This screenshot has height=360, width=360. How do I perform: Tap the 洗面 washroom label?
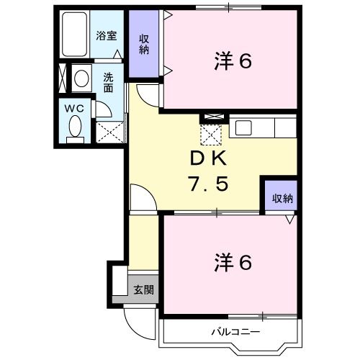click(x=108, y=83)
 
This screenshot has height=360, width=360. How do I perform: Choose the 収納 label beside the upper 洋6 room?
click(x=145, y=47)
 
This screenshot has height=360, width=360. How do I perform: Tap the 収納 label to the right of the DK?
click(x=282, y=199)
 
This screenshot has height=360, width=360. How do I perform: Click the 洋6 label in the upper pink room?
click(x=233, y=62)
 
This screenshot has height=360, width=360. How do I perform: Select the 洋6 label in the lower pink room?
click(x=233, y=263)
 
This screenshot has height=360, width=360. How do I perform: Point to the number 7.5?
click(x=209, y=184)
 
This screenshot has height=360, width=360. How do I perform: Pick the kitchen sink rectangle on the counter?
click(x=243, y=128)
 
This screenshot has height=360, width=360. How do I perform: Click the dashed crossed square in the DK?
click(x=210, y=133)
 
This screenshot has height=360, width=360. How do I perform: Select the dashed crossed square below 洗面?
click(x=111, y=131)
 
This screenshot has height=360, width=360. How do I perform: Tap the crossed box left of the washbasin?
click(x=63, y=77)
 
